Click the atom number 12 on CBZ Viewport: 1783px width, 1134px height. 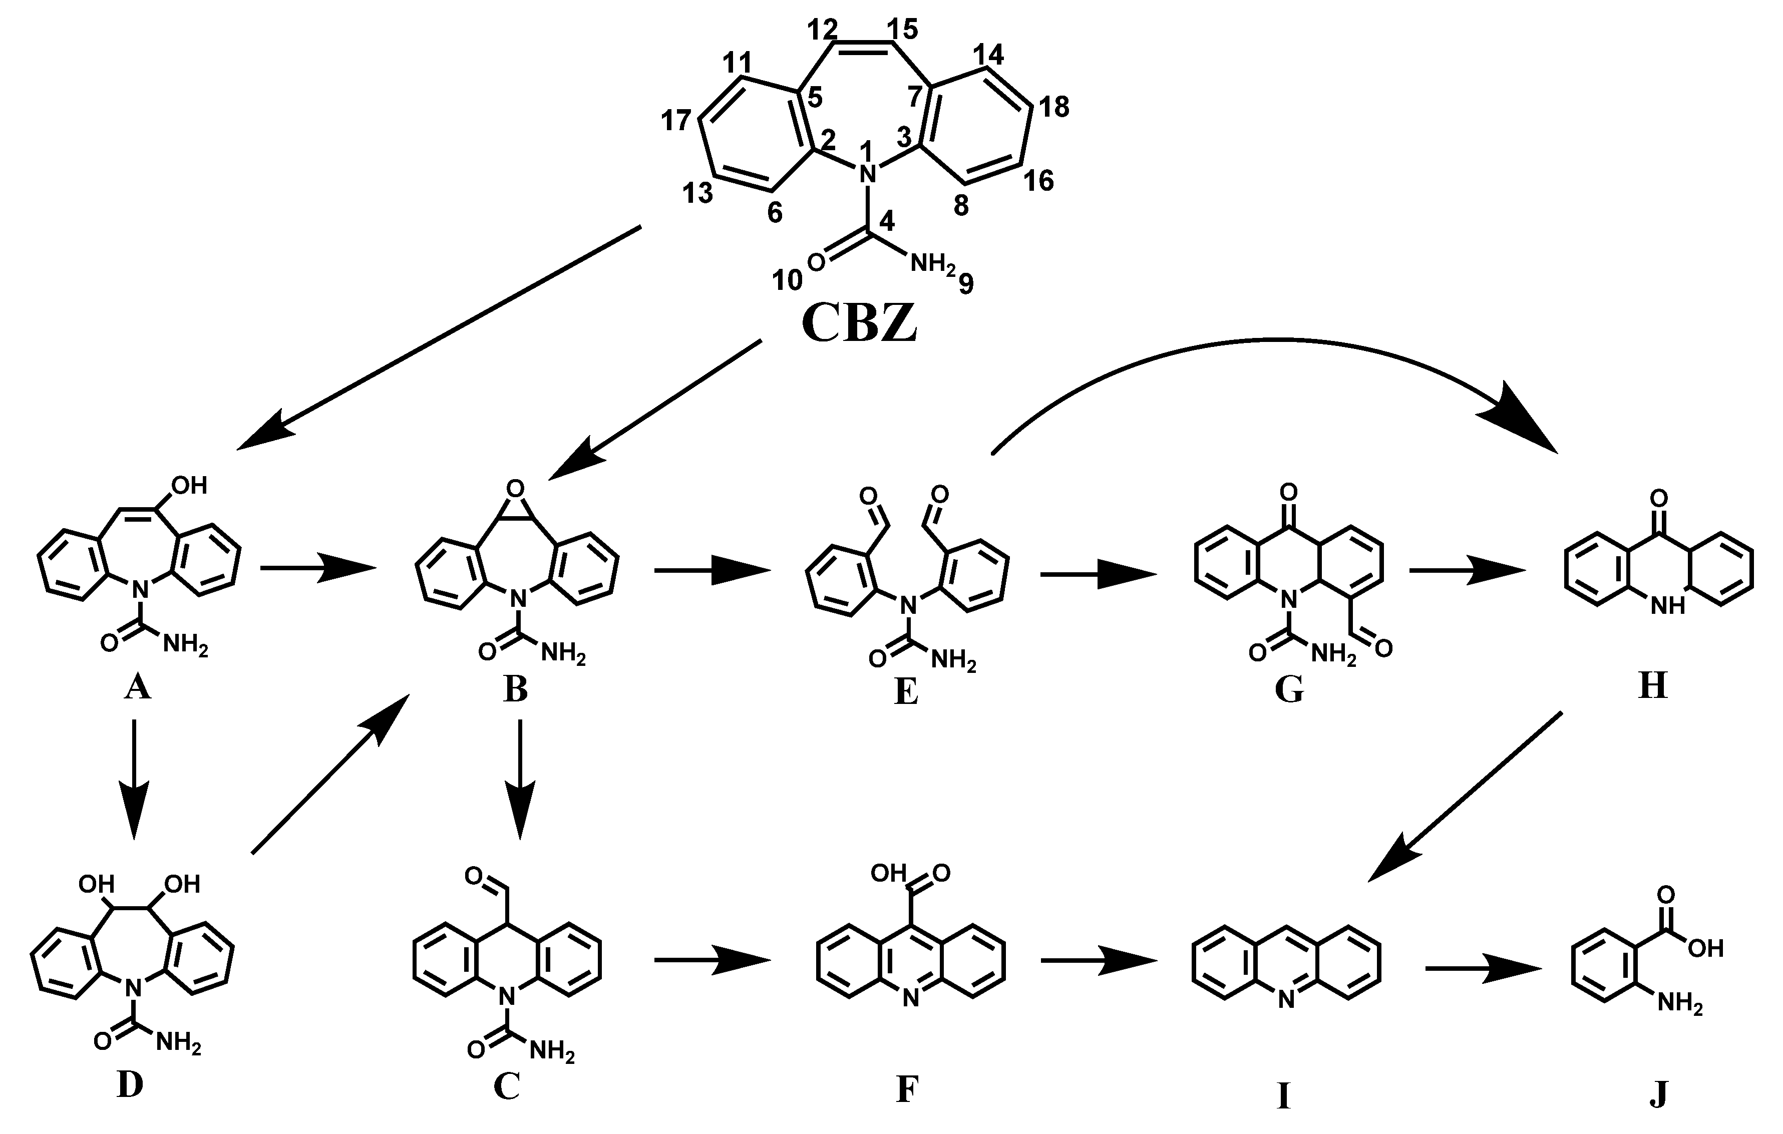(823, 29)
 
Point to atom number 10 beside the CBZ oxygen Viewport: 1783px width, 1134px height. (787, 280)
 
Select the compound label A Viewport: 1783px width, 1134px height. (138, 688)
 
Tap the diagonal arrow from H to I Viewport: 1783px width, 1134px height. (1466, 796)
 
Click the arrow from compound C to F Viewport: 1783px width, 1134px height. (712, 961)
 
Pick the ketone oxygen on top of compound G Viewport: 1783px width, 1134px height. (1288, 492)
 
